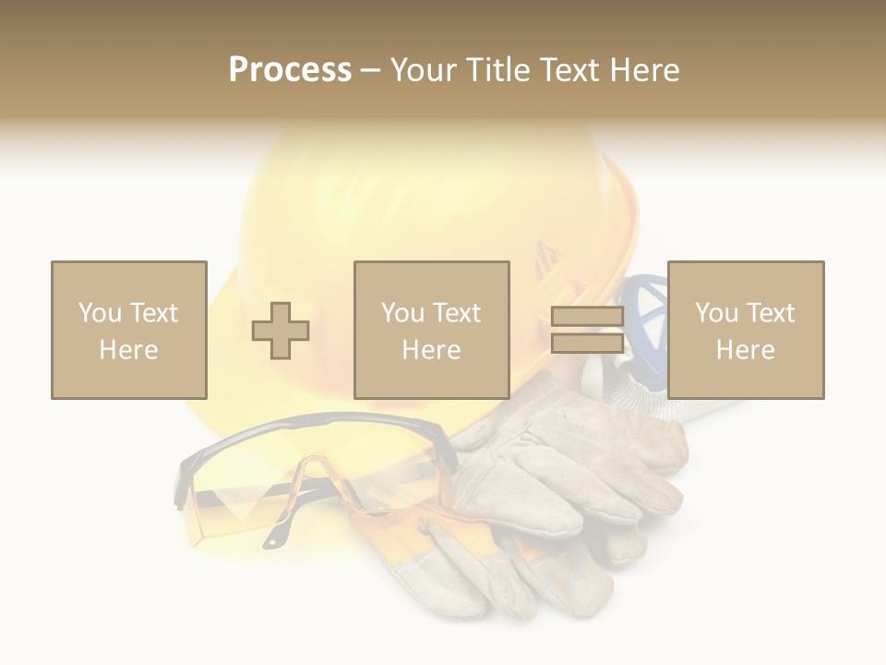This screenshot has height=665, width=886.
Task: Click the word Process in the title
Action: (x=290, y=70)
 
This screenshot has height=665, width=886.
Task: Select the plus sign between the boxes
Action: (x=281, y=331)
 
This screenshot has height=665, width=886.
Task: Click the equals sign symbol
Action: (x=587, y=330)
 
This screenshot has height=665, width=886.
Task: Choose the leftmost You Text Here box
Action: (x=128, y=330)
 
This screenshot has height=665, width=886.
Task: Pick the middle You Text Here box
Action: (x=431, y=330)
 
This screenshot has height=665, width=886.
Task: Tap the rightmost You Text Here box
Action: (x=745, y=330)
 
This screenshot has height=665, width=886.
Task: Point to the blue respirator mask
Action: (x=650, y=314)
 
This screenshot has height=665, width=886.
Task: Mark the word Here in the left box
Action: (x=128, y=350)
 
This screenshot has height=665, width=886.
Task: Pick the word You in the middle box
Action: (x=402, y=313)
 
